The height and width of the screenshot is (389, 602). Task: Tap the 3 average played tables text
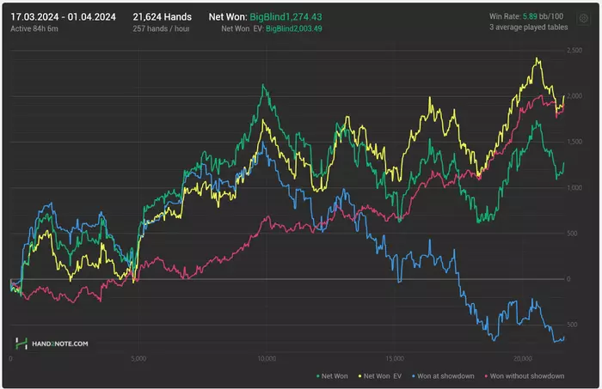[x=525, y=27]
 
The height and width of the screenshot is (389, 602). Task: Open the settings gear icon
[x=584, y=17]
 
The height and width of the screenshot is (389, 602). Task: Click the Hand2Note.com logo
[x=50, y=343]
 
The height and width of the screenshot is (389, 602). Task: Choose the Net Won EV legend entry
[x=382, y=376]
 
